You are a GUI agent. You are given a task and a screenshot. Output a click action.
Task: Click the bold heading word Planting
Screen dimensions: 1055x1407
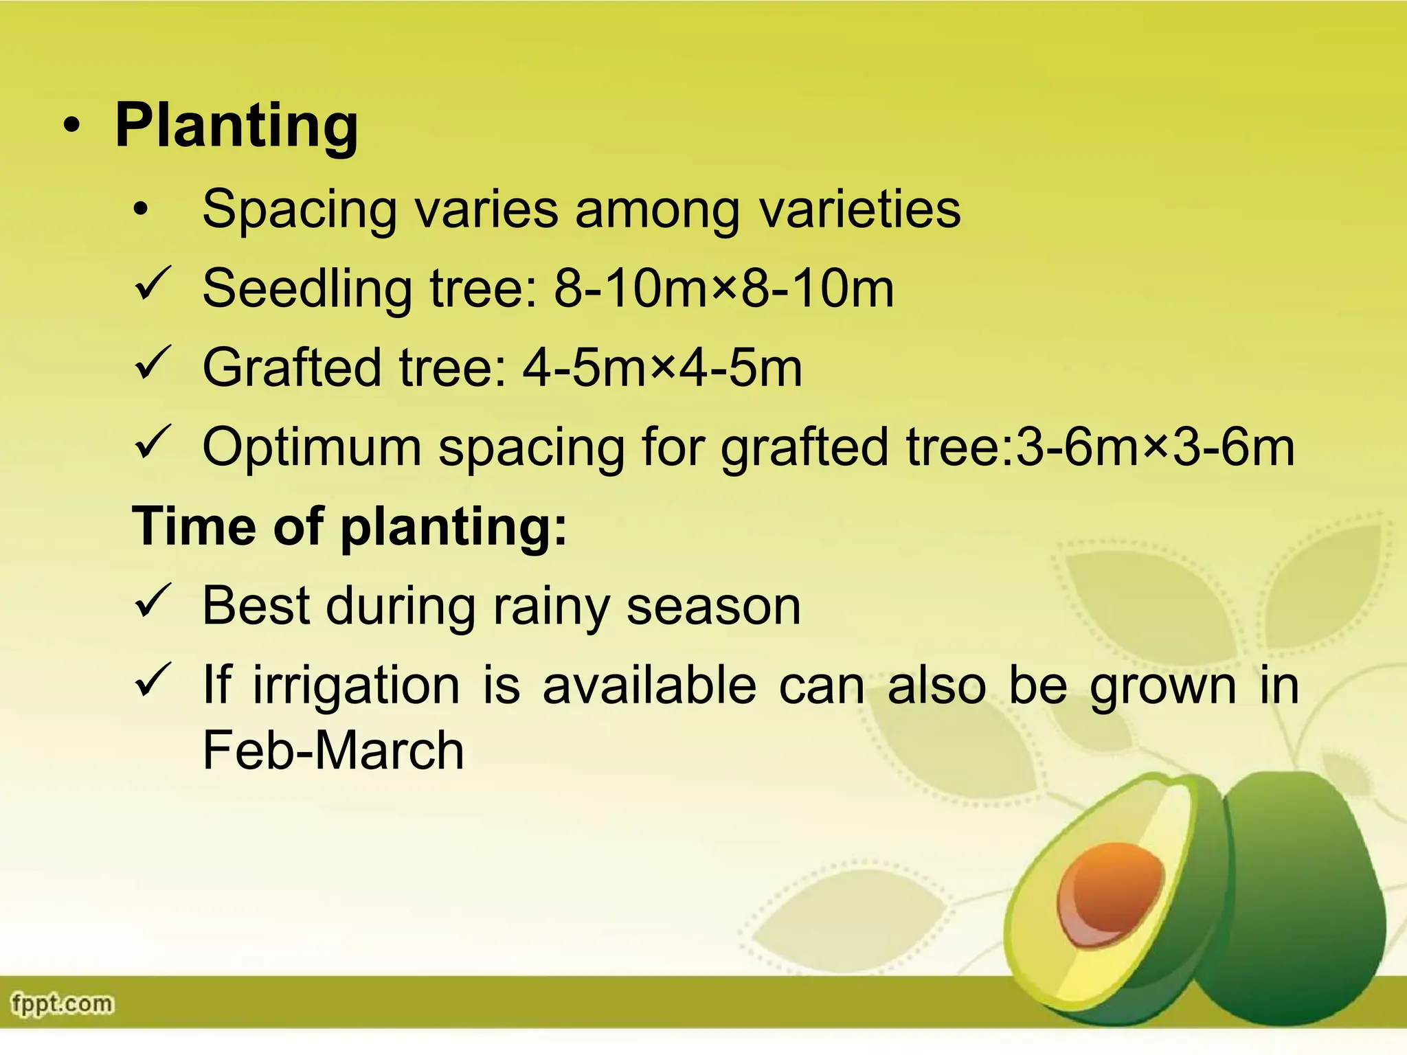tap(236, 126)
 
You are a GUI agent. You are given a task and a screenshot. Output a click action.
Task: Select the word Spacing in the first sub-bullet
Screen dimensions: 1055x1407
tap(300, 209)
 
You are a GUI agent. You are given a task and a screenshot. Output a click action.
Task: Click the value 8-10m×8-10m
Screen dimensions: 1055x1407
tap(723, 288)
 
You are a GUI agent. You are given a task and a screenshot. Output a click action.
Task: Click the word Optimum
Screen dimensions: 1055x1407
tap(311, 448)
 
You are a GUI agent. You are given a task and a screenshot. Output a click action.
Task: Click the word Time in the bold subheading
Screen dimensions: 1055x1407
tap(193, 526)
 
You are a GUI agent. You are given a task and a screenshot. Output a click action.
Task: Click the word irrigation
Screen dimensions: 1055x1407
tap(356, 685)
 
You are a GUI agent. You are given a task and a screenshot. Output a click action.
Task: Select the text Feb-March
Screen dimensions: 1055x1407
tap(333, 750)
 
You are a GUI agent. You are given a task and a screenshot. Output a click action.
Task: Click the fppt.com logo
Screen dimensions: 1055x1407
tap(62, 1004)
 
